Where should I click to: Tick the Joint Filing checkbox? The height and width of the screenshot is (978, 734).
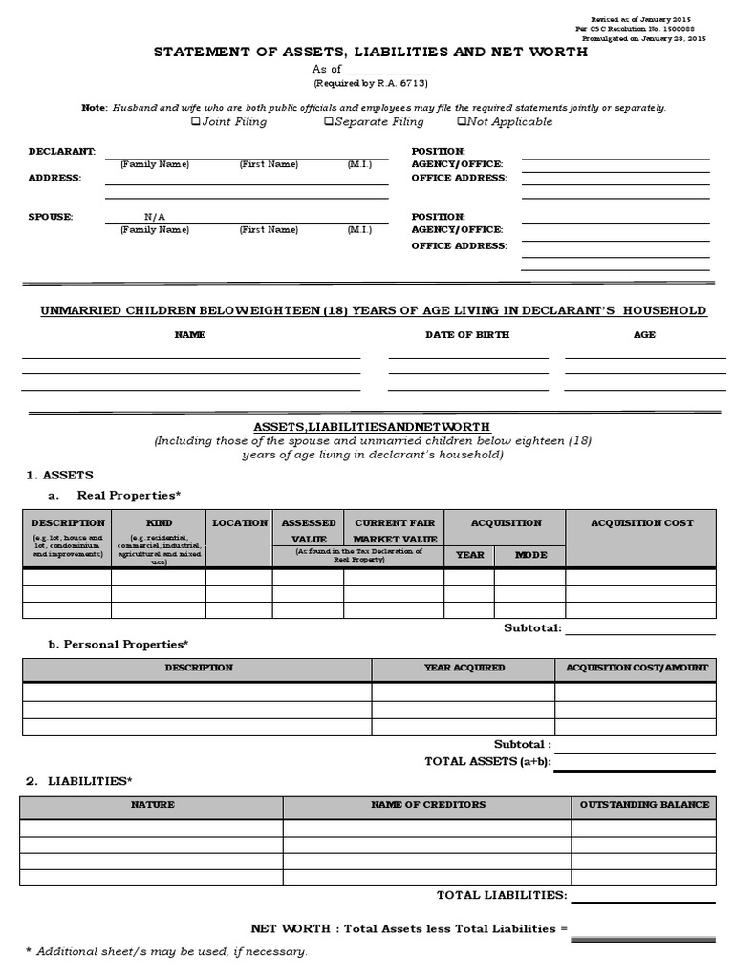tap(196, 122)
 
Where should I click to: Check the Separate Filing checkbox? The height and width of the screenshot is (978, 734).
tap(328, 122)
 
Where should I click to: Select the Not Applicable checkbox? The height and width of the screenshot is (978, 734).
tap(462, 122)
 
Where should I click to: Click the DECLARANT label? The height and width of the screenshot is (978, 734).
tap(61, 151)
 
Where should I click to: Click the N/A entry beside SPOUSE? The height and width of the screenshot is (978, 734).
tap(155, 217)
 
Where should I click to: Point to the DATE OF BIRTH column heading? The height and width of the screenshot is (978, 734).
tap(467, 335)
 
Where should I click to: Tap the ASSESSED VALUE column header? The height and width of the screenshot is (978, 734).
tap(308, 530)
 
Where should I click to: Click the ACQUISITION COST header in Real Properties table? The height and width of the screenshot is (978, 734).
tap(641, 522)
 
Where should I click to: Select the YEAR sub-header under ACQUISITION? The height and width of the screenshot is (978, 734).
tap(469, 554)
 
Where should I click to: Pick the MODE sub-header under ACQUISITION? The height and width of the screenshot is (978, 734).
tap(530, 554)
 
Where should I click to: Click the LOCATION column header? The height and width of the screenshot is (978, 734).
tap(240, 522)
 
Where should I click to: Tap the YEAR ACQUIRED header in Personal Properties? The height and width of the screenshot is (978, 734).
tap(464, 668)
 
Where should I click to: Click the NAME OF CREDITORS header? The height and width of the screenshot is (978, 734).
tap(428, 804)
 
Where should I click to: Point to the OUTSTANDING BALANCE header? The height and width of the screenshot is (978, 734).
tap(644, 804)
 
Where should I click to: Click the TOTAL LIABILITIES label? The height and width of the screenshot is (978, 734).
tap(501, 895)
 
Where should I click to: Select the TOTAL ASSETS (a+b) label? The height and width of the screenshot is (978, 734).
tap(486, 761)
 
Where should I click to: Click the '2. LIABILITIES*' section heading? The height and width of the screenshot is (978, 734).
tap(76, 781)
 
